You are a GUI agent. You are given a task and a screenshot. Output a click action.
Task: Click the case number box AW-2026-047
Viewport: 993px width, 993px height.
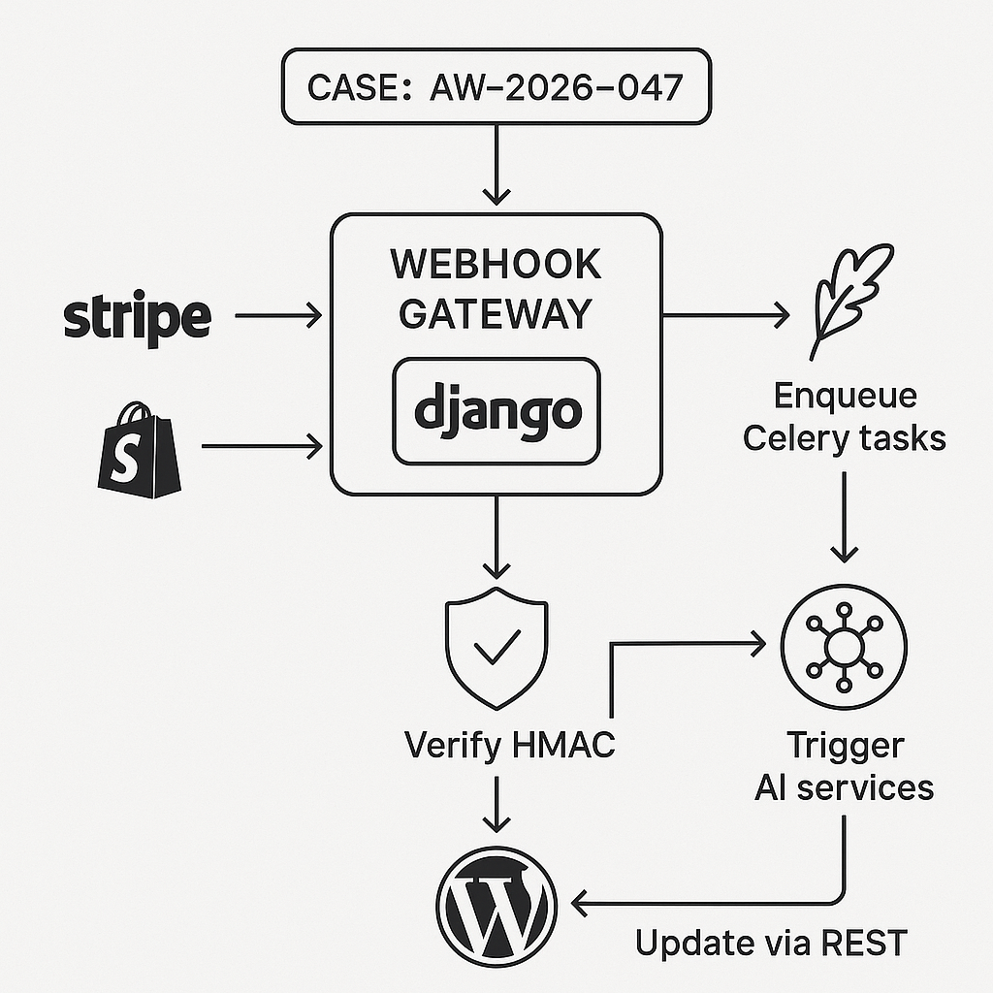(496, 88)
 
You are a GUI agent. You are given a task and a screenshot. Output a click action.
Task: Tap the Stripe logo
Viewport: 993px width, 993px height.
(137, 316)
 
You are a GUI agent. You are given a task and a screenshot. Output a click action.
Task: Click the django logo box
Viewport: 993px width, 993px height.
(496, 410)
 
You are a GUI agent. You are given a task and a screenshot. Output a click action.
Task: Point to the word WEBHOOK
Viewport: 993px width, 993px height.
(496, 265)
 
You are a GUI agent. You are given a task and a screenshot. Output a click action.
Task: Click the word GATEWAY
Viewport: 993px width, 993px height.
(496, 313)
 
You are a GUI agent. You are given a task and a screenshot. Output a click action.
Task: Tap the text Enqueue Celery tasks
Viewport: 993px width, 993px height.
(844, 417)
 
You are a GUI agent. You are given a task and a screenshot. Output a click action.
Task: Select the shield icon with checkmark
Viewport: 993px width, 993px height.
(496, 645)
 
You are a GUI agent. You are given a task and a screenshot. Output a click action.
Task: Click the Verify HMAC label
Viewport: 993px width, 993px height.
(509, 746)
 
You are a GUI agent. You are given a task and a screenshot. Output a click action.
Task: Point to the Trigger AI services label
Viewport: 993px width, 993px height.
(844, 766)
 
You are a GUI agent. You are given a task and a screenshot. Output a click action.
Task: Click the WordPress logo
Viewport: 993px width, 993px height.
(496, 902)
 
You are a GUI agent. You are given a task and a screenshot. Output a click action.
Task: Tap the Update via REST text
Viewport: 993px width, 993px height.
(771, 942)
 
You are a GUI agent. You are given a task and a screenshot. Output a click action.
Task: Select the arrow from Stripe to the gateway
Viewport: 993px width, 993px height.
(278, 314)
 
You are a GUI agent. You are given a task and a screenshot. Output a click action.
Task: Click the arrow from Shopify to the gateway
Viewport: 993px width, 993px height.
(262, 446)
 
